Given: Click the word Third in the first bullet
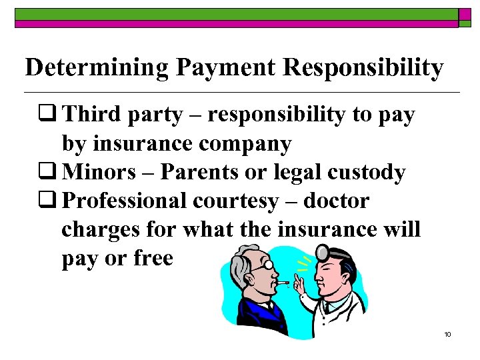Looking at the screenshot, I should [x=93, y=115].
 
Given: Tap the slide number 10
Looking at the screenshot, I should [x=447, y=334].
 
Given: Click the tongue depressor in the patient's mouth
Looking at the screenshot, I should [x=283, y=283].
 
